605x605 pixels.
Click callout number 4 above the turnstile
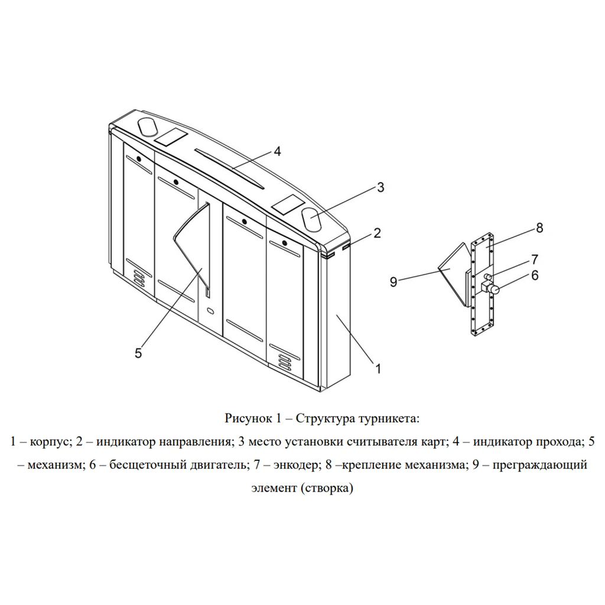[x=277, y=151]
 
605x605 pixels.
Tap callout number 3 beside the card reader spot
[x=380, y=187]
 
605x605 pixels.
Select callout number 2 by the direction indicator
[x=377, y=233]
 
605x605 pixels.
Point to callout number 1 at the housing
[x=378, y=369]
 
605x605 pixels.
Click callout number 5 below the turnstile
[x=138, y=353]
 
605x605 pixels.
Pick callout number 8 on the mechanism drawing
[x=539, y=228]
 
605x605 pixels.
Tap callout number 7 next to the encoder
[x=535, y=259]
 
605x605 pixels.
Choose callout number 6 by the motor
[x=535, y=275]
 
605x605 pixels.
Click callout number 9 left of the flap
[x=393, y=282]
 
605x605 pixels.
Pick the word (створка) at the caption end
[x=326, y=488]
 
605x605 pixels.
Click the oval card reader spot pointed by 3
[x=312, y=219]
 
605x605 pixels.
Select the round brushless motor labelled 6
[x=495, y=290]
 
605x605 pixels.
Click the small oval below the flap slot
[x=210, y=310]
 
